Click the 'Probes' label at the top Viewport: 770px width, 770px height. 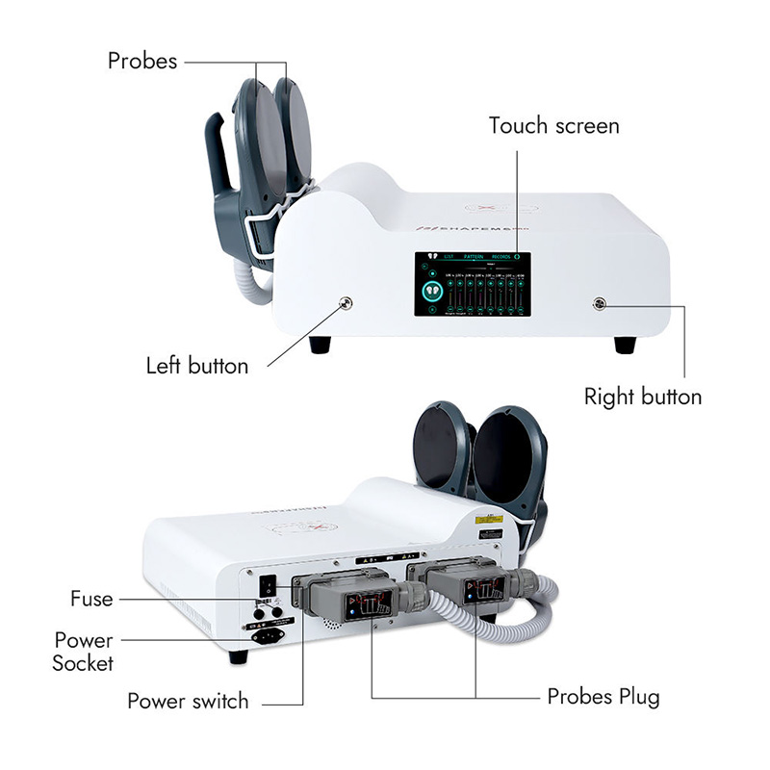pyautogui.click(x=142, y=61)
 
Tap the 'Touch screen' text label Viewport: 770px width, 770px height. pyautogui.click(x=553, y=126)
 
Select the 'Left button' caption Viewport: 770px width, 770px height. pyautogui.click(x=197, y=366)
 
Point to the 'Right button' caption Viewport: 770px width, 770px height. pyautogui.click(x=643, y=397)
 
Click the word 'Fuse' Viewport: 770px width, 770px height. pyautogui.click(x=91, y=599)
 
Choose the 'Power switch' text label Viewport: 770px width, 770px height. pyautogui.click(x=188, y=701)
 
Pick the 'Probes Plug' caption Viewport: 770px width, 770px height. pyautogui.click(x=603, y=696)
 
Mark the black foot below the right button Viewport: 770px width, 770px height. pyautogui.click(x=625, y=344)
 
